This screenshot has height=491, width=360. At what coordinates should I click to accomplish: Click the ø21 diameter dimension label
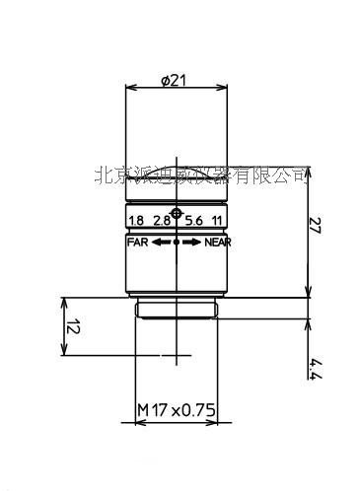[x=177, y=81]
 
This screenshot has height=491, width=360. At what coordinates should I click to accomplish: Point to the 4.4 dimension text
[x=315, y=371]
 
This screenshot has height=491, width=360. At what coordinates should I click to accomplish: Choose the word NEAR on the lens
[x=217, y=241]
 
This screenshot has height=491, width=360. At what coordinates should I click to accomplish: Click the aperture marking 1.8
[x=136, y=222]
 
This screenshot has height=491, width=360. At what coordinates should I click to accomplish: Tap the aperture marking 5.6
[x=192, y=222]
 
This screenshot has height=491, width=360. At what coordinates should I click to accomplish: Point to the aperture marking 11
[x=217, y=222]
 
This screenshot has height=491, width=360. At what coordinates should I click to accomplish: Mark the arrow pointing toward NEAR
[x=191, y=241]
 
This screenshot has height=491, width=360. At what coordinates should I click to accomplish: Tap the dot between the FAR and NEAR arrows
[x=177, y=241]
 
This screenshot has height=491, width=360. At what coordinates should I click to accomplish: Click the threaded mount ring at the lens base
[x=177, y=310]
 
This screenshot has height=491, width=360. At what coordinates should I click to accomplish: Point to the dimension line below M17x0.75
[x=177, y=420]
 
